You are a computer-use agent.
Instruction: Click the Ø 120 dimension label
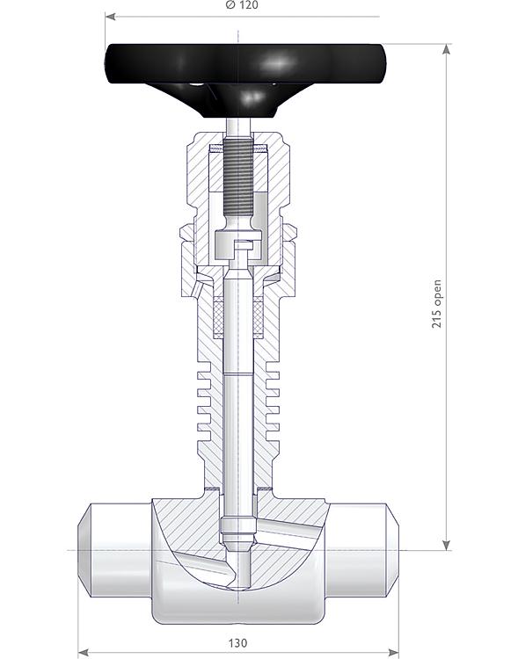click(241, 5)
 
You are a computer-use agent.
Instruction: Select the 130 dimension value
click(238, 643)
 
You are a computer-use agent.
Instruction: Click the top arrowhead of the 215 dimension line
click(447, 49)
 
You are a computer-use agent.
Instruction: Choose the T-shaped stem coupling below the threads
click(238, 246)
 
